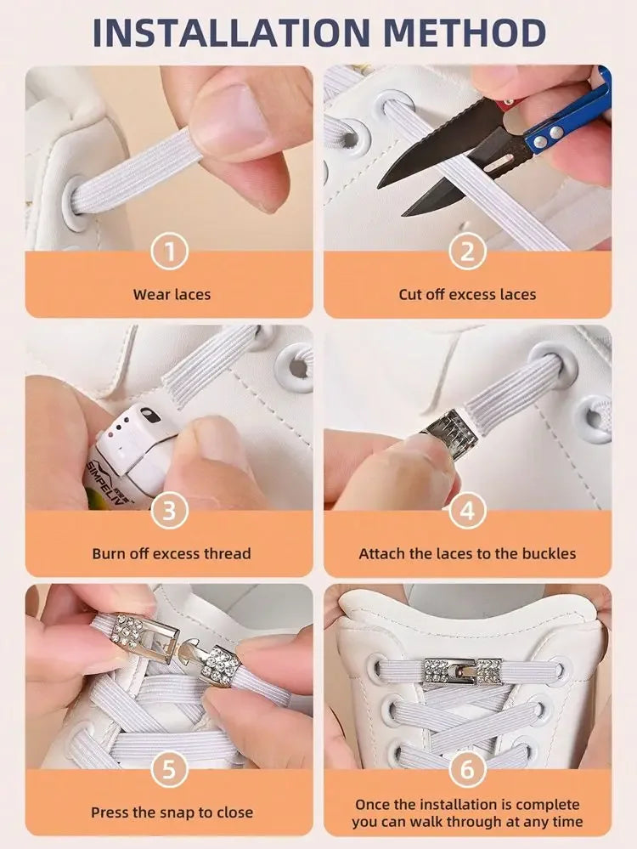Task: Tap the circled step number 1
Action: pos(169,252)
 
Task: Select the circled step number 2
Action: pos(467,252)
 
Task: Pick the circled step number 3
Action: pos(169,511)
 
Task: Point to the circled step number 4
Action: pos(467,511)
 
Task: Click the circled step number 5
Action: pos(169,770)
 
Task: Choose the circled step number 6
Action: pos(467,770)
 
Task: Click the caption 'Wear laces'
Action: pos(172,295)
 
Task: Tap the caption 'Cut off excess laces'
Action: pos(467,295)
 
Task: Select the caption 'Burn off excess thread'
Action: pos(172,553)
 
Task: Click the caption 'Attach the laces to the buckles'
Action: pos(467,553)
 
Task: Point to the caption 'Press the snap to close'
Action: pos(172,812)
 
